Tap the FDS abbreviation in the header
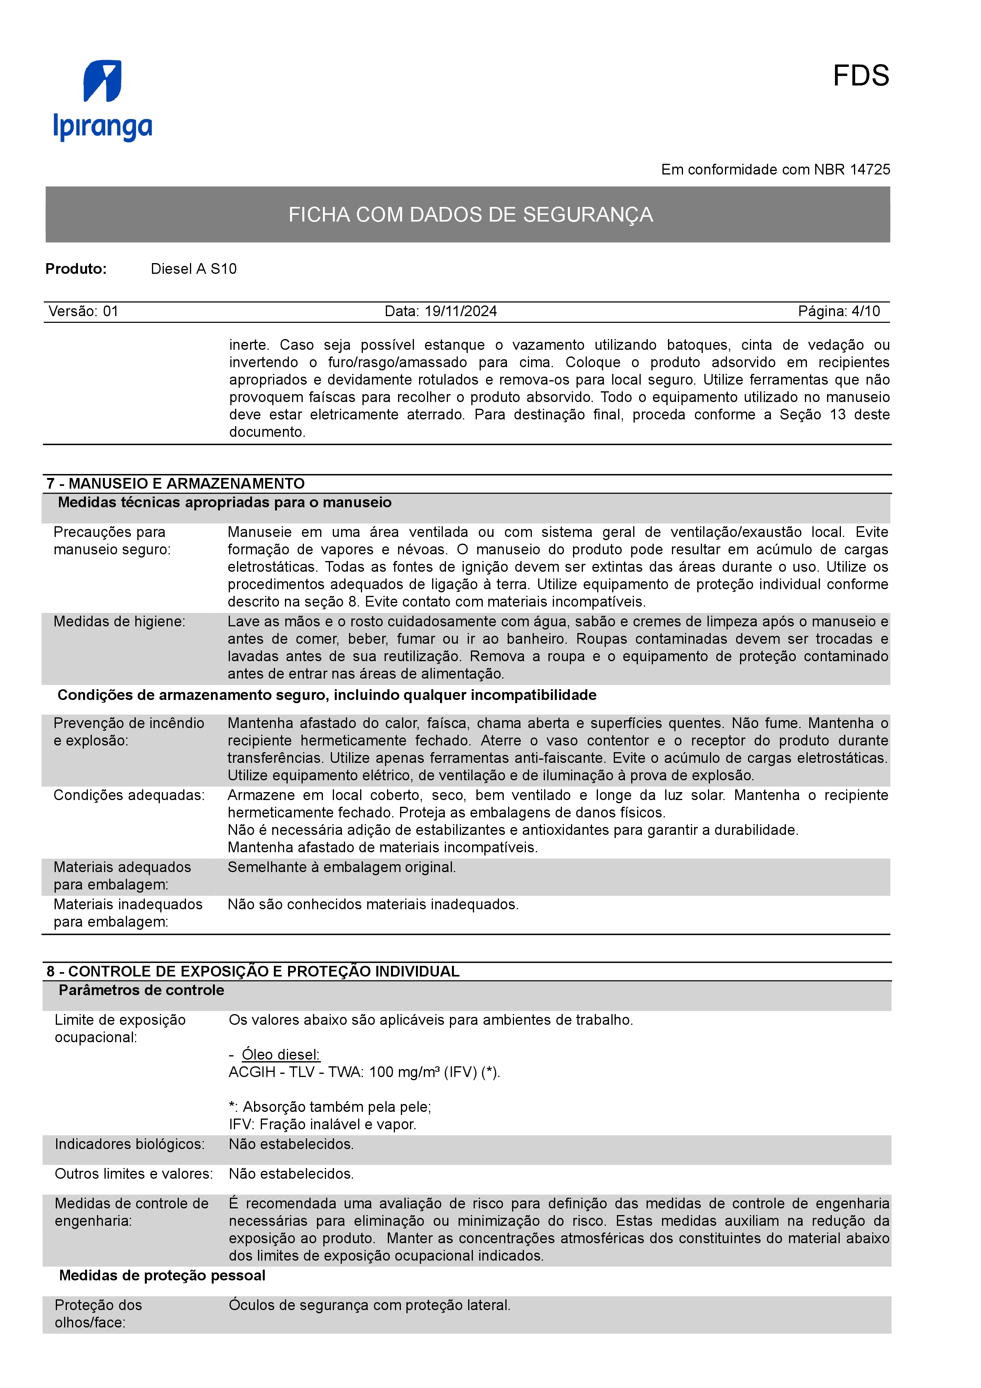point(860,76)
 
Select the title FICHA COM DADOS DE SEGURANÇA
point(470,214)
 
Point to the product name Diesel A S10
point(194,269)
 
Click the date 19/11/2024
point(461,311)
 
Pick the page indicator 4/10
point(865,311)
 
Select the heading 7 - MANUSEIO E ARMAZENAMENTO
point(175,484)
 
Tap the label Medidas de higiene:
point(119,622)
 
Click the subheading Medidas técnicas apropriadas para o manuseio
point(224,502)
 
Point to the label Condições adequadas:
point(129,795)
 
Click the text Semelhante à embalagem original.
point(342,867)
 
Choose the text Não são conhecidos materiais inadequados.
point(373,904)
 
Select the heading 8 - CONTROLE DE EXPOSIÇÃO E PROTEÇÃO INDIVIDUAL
point(252,971)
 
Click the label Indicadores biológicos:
point(129,1144)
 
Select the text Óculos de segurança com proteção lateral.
point(369,1305)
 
